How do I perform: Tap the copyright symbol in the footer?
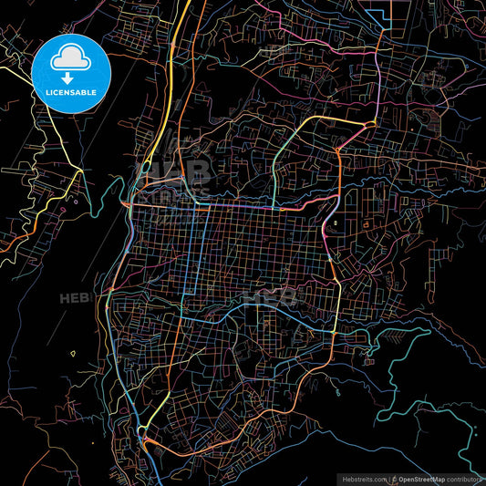(x=393, y=478)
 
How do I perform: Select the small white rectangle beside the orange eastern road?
(x=336, y=223)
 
